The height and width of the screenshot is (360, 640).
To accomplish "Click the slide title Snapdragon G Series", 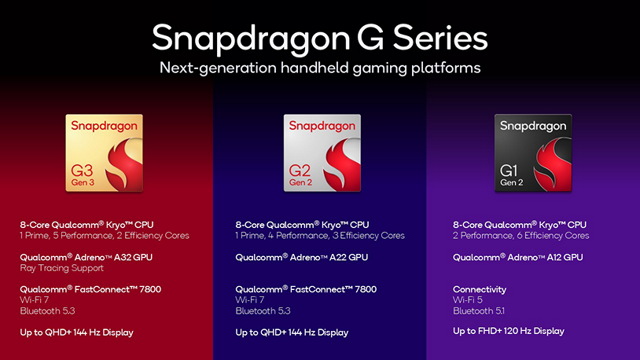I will [319, 38].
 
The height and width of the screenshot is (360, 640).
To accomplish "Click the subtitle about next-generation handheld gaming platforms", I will [319, 68].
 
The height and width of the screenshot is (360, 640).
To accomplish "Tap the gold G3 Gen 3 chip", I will [105, 152].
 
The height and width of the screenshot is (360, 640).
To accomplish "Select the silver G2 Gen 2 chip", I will [322, 152].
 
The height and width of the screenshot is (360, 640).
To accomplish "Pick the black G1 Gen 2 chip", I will [533, 152].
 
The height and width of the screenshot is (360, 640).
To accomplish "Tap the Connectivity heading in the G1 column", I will [480, 289].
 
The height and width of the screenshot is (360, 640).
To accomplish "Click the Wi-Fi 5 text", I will [467, 300].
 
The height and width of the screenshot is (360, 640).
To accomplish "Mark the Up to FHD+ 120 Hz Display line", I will [509, 331].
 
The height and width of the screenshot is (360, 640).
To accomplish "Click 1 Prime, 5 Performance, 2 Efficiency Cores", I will [105, 235].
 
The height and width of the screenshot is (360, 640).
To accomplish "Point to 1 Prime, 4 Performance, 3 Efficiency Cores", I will [320, 235].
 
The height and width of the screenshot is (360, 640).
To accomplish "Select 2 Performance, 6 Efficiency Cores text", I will [520, 235].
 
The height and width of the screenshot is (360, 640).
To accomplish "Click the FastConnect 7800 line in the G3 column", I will [90, 289].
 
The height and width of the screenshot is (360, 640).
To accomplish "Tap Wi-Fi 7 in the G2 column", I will [249, 300].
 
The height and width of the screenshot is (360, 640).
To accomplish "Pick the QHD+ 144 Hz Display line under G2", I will [292, 332].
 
